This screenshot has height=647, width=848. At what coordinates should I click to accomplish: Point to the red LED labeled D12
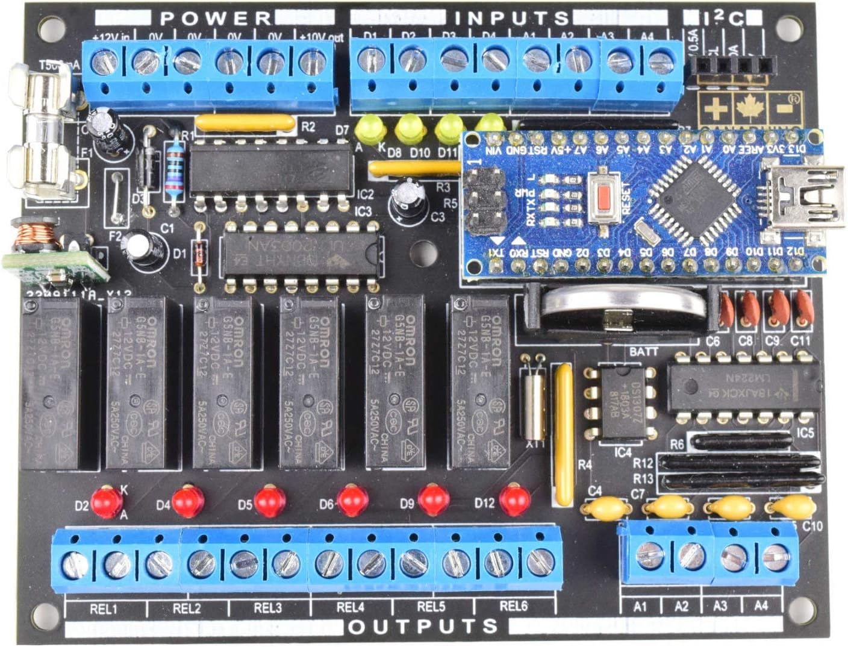point(515,500)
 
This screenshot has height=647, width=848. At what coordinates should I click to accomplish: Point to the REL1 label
point(104,609)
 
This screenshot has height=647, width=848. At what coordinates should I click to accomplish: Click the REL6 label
point(513,607)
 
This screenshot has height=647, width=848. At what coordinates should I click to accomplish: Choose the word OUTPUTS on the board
point(424,627)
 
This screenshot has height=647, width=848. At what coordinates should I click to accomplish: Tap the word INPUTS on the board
point(511,18)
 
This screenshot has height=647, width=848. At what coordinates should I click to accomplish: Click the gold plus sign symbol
point(715,109)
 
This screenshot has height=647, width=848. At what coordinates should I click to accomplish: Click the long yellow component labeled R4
point(564,434)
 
